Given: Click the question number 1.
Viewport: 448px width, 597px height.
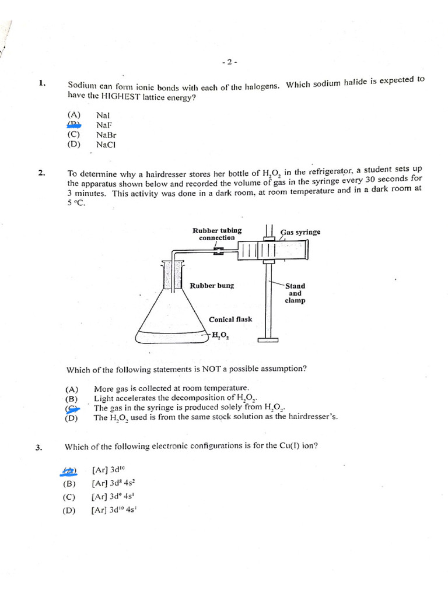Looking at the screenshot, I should pyautogui.click(x=42, y=83).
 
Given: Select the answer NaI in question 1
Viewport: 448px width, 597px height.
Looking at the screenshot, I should pyautogui.click(x=104, y=115).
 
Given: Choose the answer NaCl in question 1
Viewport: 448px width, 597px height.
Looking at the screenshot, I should pyautogui.click(x=106, y=145).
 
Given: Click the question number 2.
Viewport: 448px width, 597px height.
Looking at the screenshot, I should pyautogui.click(x=41, y=173).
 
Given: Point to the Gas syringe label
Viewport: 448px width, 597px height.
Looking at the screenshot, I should pyautogui.click(x=300, y=232).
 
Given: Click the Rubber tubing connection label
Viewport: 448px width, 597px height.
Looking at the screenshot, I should pyautogui.click(x=217, y=234).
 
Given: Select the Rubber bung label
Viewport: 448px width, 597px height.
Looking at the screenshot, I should pyautogui.click(x=212, y=286).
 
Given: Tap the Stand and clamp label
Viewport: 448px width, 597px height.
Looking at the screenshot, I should pyautogui.click(x=295, y=293).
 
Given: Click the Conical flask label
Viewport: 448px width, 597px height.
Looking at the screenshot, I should pyautogui.click(x=230, y=319).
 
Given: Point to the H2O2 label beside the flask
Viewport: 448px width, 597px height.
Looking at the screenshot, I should pyautogui.click(x=220, y=335).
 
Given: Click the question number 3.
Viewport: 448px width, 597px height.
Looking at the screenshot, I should pyautogui.click(x=39, y=447).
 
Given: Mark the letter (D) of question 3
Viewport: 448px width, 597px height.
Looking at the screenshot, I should pyautogui.click(x=69, y=510).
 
